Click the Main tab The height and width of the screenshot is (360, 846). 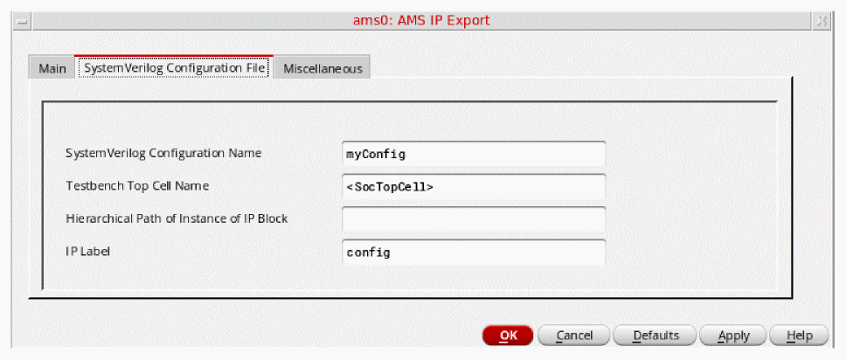[52, 68]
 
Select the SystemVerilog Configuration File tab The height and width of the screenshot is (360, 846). [174, 67]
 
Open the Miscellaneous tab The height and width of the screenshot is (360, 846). [322, 68]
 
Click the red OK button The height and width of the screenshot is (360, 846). [508, 336]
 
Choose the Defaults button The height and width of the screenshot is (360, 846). [655, 336]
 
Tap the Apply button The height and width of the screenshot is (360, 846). [733, 336]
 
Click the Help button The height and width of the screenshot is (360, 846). [799, 336]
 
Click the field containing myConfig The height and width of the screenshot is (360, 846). [473, 154]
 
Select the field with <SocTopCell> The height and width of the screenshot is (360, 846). [473, 187]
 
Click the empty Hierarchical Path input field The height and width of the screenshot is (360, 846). [473, 219]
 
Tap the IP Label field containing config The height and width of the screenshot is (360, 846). [473, 252]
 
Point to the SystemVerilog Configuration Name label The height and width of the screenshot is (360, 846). [163, 153]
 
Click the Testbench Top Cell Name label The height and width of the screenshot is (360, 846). [137, 185]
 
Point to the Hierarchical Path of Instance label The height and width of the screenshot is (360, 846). [177, 218]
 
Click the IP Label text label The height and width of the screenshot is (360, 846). [87, 251]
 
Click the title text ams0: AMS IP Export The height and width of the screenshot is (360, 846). [421, 20]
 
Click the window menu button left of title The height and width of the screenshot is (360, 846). [22, 22]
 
